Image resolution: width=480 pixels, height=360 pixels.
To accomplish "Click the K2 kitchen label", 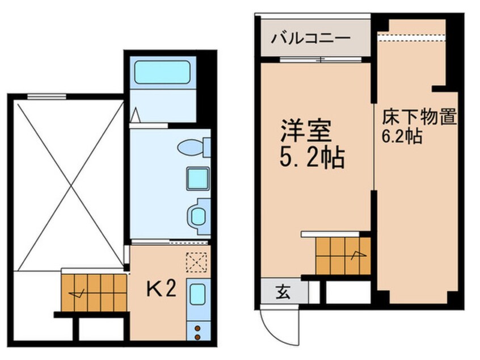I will [x=161, y=290].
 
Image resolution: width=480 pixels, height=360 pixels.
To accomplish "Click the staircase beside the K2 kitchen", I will [x=94, y=292].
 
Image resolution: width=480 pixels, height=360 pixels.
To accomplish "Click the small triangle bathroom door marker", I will [x=135, y=116].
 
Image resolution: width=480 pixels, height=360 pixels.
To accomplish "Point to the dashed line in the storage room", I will [x=412, y=39].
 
